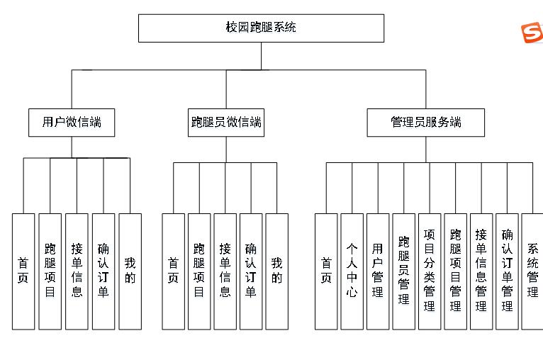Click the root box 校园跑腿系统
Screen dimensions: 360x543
(261, 28)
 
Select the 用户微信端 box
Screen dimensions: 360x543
(72, 122)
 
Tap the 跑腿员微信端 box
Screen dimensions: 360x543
(226, 122)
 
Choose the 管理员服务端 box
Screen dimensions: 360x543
(426, 122)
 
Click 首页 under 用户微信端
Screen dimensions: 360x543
(23, 271)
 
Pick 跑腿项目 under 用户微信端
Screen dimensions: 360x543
(50, 271)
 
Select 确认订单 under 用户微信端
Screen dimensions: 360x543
(103, 271)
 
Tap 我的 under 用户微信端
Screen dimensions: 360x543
(130, 271)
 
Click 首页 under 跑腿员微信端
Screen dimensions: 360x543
(174, 271)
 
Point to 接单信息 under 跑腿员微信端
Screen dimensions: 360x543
(225, 271)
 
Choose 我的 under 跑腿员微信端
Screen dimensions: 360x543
(276, 271)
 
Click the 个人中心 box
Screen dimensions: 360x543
(352, 271)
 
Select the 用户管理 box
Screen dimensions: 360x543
(378, 271)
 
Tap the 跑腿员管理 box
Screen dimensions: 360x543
(403, 271)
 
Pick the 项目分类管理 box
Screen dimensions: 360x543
(430, 271)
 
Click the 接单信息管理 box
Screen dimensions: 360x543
(481, 271)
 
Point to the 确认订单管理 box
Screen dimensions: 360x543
(507, 271)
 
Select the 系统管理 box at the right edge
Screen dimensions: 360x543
(532, 271)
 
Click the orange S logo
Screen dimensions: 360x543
(532, 33)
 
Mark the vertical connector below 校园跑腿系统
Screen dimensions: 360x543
(261, 55)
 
